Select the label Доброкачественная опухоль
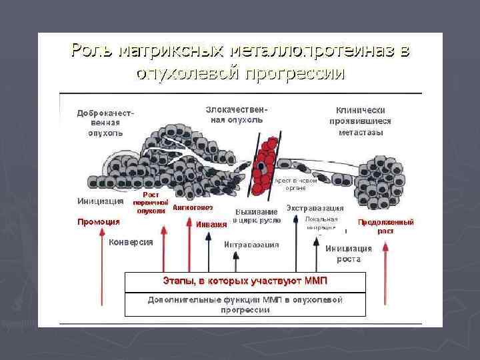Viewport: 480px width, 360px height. coord(105,122)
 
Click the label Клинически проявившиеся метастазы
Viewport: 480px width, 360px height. coord(360,121)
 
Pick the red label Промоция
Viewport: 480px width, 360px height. coord(98,221)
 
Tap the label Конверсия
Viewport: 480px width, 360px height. coord(131,242)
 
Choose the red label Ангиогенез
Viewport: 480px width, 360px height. coord(193,207)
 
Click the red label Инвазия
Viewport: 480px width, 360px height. coord(211,224)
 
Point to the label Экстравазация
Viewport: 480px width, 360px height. coord(315,208)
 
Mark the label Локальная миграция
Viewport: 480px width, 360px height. coord(321,223)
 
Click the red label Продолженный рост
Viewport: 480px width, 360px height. coord(385,226)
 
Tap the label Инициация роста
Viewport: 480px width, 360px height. coord(343,253)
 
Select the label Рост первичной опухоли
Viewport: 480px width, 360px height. coord(150,203)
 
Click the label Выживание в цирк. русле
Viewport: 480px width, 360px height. coord(257,215)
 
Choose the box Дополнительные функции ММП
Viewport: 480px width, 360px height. coord(245,304)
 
